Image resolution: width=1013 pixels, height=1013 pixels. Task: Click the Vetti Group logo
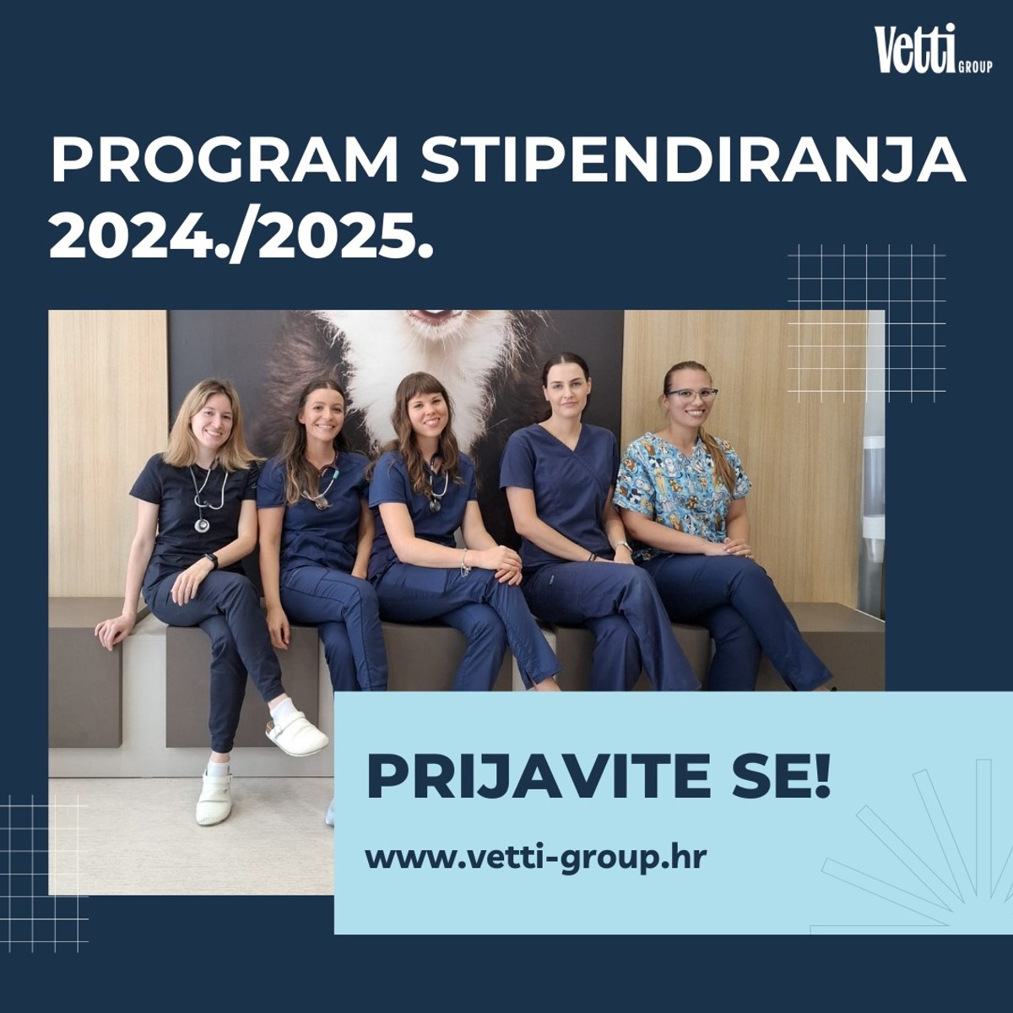932,51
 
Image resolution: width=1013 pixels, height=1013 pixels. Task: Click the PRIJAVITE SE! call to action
599,777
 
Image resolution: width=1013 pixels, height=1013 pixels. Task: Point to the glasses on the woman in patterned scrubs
691,394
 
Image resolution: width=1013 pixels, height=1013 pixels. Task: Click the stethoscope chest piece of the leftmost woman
202,524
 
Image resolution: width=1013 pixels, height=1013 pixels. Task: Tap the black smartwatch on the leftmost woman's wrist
211,560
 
